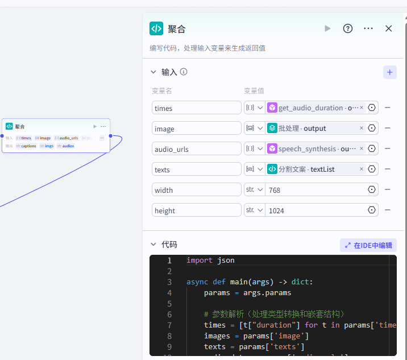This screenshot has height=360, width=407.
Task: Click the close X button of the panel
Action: click(x=389, y=28)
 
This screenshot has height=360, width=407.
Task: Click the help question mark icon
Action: click(x=348, y=28)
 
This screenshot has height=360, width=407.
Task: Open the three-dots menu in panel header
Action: click(x=368, y=28)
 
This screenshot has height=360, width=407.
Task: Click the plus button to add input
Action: click(x=390, y=72)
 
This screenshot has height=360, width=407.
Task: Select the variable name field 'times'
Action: click(x=196, y=108)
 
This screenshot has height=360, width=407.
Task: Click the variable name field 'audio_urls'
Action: click(x=196, y=149)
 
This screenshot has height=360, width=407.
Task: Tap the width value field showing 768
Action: click(x=315, y=190)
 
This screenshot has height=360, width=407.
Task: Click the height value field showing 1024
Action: click(x=315, y=210)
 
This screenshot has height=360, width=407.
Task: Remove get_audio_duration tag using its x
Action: click(x=362, y=107)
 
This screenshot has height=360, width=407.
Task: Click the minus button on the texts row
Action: click(x=388, y=169)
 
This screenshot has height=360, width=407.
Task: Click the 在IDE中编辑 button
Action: click(x=368, y=245)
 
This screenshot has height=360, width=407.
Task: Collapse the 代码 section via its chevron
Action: click(x=153, y=245)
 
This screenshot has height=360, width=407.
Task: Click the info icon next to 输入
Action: click(x=184, y=72)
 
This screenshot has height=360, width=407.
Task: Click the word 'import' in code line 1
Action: click(x=199, y=260)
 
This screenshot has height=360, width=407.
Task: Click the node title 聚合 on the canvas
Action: click(x=20, y=126)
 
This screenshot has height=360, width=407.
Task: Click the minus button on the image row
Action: click(x=388, y=128)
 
